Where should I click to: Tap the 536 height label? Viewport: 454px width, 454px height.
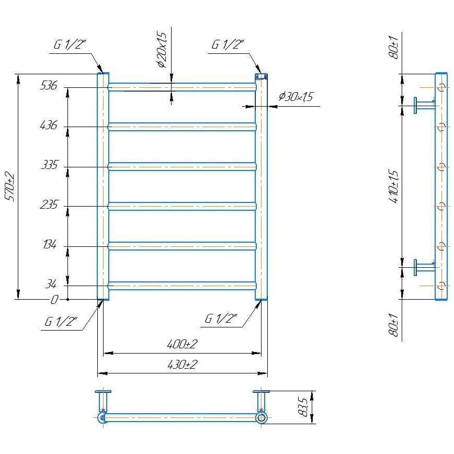[x=48, y=86]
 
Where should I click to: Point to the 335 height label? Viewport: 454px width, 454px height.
[x=48, y=166]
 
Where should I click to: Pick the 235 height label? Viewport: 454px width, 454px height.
[x=48, y=205]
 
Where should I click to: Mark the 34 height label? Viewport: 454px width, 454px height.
[x=51, y=285]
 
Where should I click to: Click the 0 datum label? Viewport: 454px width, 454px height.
[x=54, y=300]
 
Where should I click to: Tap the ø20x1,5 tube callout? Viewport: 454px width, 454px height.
[x=161, y=49]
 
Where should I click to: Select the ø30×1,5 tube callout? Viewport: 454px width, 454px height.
[x=296, y=97]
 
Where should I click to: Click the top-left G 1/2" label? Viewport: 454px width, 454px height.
[x=68, y=46]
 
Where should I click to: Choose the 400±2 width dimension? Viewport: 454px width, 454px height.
[x=182, y=344]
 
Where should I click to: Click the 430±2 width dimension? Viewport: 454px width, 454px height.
[x=182, y=365]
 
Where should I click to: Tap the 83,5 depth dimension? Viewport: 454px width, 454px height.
[x=303, y=407]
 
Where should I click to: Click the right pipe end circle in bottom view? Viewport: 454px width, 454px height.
[x=261, y=417]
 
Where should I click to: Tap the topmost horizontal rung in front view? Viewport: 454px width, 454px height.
[x=182, y=87]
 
